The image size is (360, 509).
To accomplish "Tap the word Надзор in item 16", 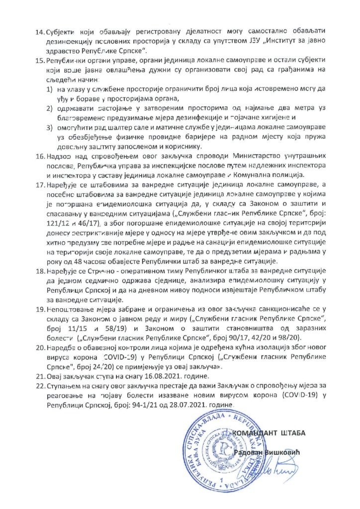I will pos(60,156).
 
